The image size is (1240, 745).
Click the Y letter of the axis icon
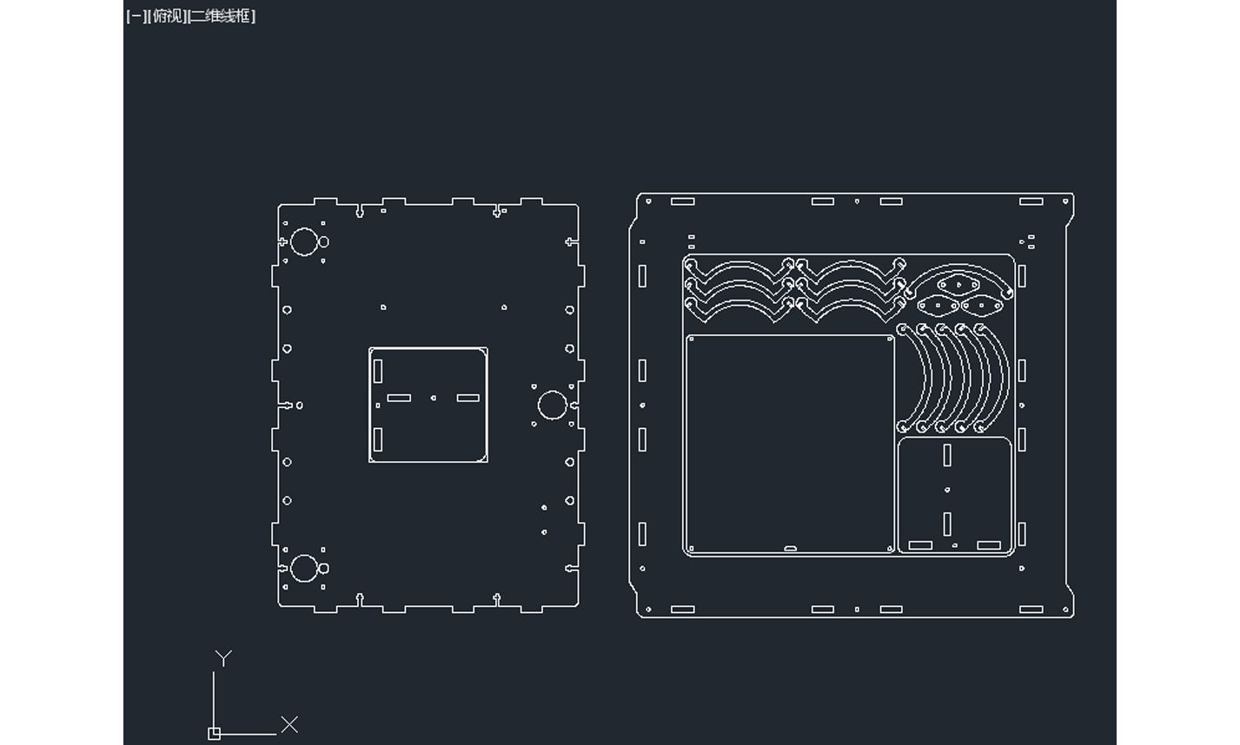tap(223, 658)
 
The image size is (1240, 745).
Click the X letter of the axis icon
tap(289, 724)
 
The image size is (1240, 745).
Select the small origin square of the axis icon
tap(215, 734)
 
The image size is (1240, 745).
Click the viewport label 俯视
tap(169, 16)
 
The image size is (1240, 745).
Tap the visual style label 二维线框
tap(221, 16)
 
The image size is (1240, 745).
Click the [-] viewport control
tap(136, 16)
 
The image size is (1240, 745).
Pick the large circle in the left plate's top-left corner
tap(304, 241)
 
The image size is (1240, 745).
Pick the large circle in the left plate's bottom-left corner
tap(304, 569)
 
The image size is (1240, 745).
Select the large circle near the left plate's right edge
tap(553, 405)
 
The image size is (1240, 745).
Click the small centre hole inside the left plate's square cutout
tap(434, 398)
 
